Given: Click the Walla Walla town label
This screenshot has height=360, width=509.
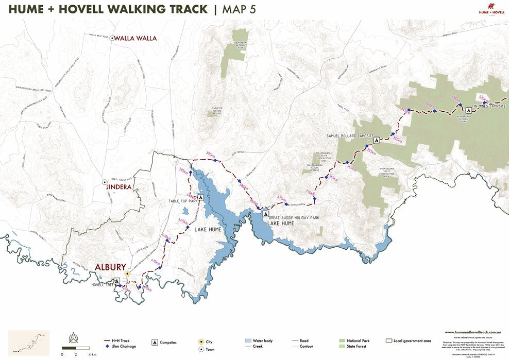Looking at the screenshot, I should click(135, 38).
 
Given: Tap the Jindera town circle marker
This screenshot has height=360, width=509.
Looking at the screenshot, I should click(104, 183).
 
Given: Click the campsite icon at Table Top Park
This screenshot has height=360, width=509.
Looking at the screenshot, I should click(200, 197).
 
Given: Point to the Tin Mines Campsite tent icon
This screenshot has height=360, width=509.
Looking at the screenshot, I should click(468, 110).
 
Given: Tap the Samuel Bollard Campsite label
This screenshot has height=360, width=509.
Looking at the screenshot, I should click(349, 136).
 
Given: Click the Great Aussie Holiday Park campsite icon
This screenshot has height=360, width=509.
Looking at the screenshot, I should click(266, 214).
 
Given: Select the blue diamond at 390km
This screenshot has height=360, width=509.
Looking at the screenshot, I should click(215, 161).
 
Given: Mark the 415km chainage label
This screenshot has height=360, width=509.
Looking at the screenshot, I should click(155, 261).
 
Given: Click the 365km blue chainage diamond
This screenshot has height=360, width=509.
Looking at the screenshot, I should click(326, 178).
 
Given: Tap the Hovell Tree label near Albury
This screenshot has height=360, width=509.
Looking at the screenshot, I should click(102, 284).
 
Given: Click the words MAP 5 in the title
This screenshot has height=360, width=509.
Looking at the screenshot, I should click(238, 9).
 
